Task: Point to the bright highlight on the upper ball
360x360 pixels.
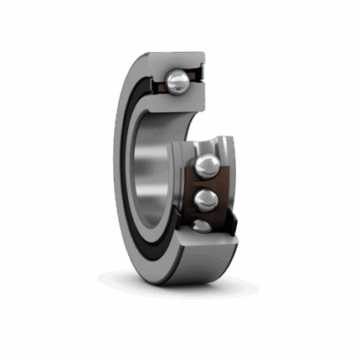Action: tap(174, 78)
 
